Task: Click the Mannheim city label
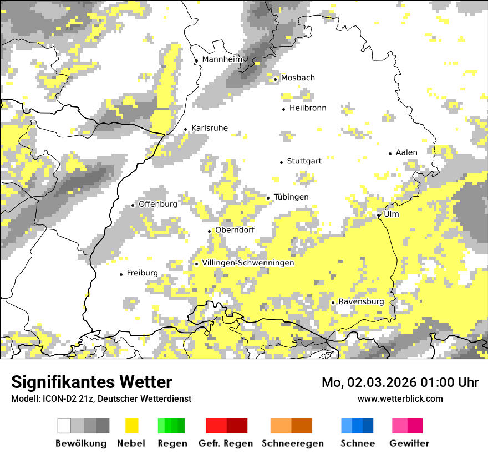222,59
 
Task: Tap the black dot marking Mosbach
275,79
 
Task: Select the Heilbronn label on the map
308,108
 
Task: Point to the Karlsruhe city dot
186,130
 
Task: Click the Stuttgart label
304,161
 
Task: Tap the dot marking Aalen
390,154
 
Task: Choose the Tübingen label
291,197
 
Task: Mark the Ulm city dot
378,215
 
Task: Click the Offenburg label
157,204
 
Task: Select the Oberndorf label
235,230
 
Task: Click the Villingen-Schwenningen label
248,263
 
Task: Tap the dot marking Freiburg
121,274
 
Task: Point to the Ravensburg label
361,301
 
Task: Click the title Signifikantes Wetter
91,382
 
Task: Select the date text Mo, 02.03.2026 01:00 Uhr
400,382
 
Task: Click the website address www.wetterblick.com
400,398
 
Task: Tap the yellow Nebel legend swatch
132,426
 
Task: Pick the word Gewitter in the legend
409,443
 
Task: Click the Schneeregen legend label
293,443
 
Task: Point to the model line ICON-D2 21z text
101,398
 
